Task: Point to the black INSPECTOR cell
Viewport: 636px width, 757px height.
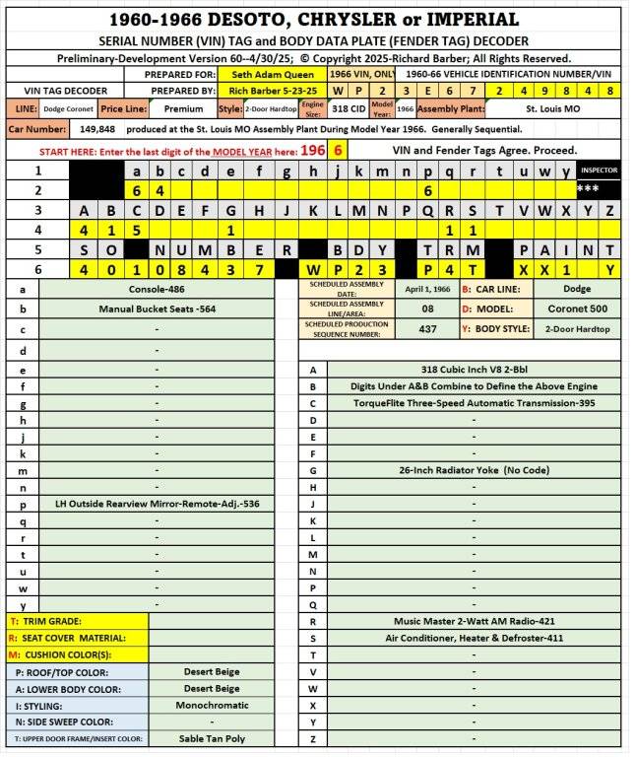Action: (599, 171)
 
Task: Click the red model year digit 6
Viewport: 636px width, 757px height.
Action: (338, 150)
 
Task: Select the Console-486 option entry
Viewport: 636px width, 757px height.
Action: (158, 290)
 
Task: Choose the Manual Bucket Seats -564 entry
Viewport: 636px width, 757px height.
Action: (158, 309)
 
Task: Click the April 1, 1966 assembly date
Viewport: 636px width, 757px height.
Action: (427, 290)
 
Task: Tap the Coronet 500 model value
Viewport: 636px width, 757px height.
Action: (564, 308)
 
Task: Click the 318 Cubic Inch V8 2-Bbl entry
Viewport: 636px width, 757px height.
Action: (474, 370)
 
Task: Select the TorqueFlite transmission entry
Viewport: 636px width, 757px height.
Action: (474, 403)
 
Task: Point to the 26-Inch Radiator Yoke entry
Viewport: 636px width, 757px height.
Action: (474, 470)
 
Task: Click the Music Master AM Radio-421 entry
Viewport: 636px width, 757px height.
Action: (474, 621)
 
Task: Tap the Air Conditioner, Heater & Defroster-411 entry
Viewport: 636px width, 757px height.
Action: (474, 638)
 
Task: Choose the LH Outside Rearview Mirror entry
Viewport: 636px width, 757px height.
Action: (158, 503)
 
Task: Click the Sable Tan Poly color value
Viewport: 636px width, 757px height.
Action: (212, 738)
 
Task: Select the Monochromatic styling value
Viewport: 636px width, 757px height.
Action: (212, 705)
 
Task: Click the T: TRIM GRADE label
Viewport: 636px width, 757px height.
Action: (46, 621)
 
